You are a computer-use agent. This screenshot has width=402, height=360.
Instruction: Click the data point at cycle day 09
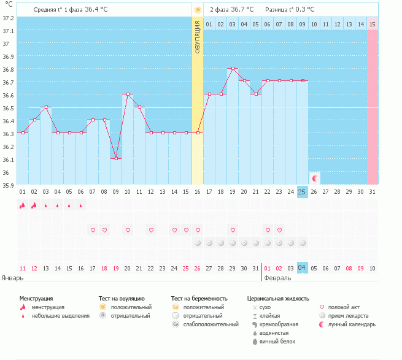(116, 158)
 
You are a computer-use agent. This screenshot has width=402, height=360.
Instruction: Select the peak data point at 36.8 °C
(233, 69)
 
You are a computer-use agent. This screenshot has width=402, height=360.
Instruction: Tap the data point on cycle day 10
(128, 94)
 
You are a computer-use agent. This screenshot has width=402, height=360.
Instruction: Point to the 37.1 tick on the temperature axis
(8, 31)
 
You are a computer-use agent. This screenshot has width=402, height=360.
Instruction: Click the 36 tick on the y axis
(6, 172)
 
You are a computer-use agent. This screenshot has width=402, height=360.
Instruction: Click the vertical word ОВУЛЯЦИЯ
(197, 37)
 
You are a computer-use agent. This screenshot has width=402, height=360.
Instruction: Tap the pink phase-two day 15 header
(373, 25)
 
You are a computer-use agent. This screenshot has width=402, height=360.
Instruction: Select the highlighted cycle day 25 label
(302, 192)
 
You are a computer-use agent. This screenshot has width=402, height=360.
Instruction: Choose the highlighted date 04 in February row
(302, 268)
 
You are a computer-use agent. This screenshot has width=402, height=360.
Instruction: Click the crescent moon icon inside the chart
(315, 178)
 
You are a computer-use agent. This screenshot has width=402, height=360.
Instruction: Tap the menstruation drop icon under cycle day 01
(23, 205)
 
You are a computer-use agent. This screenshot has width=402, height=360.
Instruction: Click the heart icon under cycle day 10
(128, 230)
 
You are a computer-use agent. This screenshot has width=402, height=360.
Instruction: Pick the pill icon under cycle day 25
(303, 243)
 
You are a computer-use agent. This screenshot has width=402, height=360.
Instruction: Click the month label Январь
(12, 278)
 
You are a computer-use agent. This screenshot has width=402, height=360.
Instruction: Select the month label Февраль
(277, 278)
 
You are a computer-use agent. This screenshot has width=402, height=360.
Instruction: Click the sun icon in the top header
(198, 10)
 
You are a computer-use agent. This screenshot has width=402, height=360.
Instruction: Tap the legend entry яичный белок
(277, 342)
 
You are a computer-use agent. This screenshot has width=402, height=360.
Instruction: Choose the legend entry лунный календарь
(352, 324)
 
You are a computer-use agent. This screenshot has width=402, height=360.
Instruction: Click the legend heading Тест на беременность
(199, 299)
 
